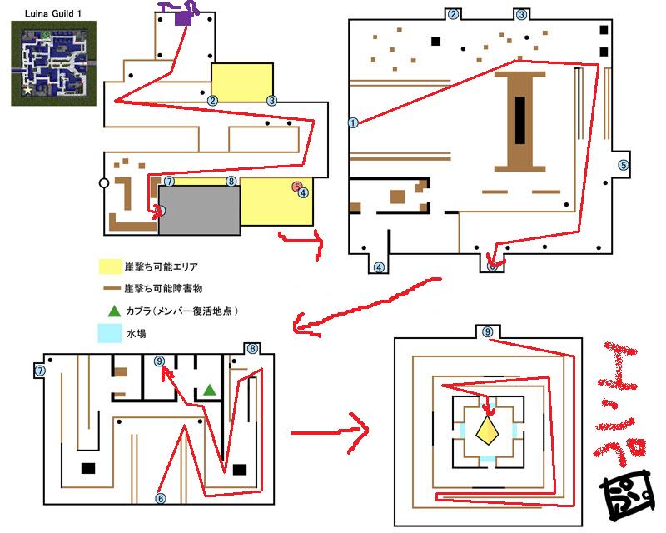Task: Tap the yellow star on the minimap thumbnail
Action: point(28,88)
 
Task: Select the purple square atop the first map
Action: point(183,20)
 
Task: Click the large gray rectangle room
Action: point(200,211)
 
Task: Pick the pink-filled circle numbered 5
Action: point(297,187)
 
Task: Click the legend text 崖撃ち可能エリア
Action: point(159,266)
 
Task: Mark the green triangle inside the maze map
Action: point(210,389)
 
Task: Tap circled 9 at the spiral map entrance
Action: point(488,331)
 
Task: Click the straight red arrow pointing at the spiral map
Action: point(329,431)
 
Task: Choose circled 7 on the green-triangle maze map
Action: point(40,370)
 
